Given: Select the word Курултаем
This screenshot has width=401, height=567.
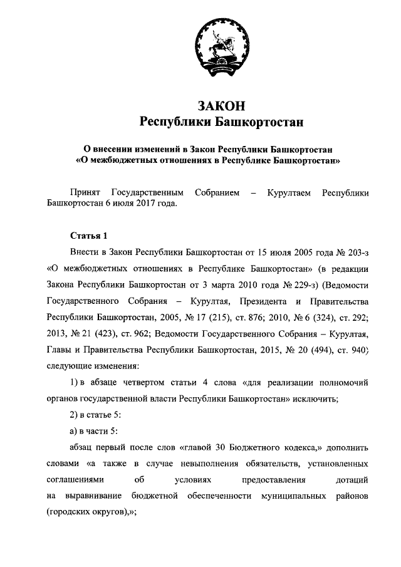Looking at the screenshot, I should (288, 192).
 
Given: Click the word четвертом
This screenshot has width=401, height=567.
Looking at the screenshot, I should (140, 382).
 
